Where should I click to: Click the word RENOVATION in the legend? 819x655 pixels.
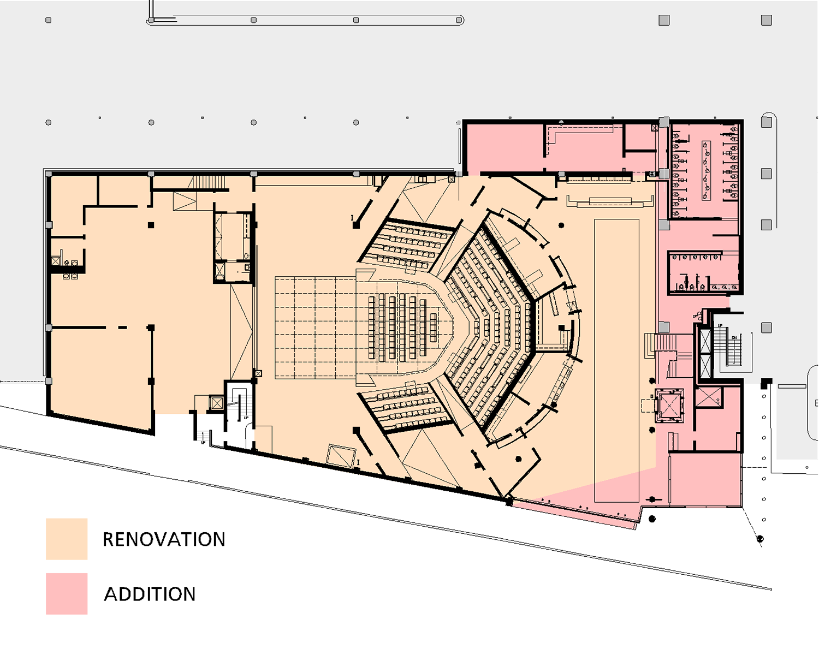tap(164, 539)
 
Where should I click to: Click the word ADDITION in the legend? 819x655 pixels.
tap(150, 594)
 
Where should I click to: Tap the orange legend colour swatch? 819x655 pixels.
tap(67, 539)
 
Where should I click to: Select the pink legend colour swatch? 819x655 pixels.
tap(67, 593)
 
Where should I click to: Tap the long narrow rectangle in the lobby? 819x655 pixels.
tap(616, 360)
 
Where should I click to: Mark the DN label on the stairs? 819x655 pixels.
tap(734, 338)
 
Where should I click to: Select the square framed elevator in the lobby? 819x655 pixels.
tap(669, 406)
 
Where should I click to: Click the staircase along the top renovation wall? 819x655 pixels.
tap(210, 182)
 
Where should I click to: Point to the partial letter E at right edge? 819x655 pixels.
tap(816, 403)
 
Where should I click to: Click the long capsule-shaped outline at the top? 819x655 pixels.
tap(306, 21)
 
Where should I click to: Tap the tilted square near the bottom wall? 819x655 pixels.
tap(341, 456)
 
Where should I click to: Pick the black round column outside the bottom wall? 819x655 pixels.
tap(652, 519)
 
